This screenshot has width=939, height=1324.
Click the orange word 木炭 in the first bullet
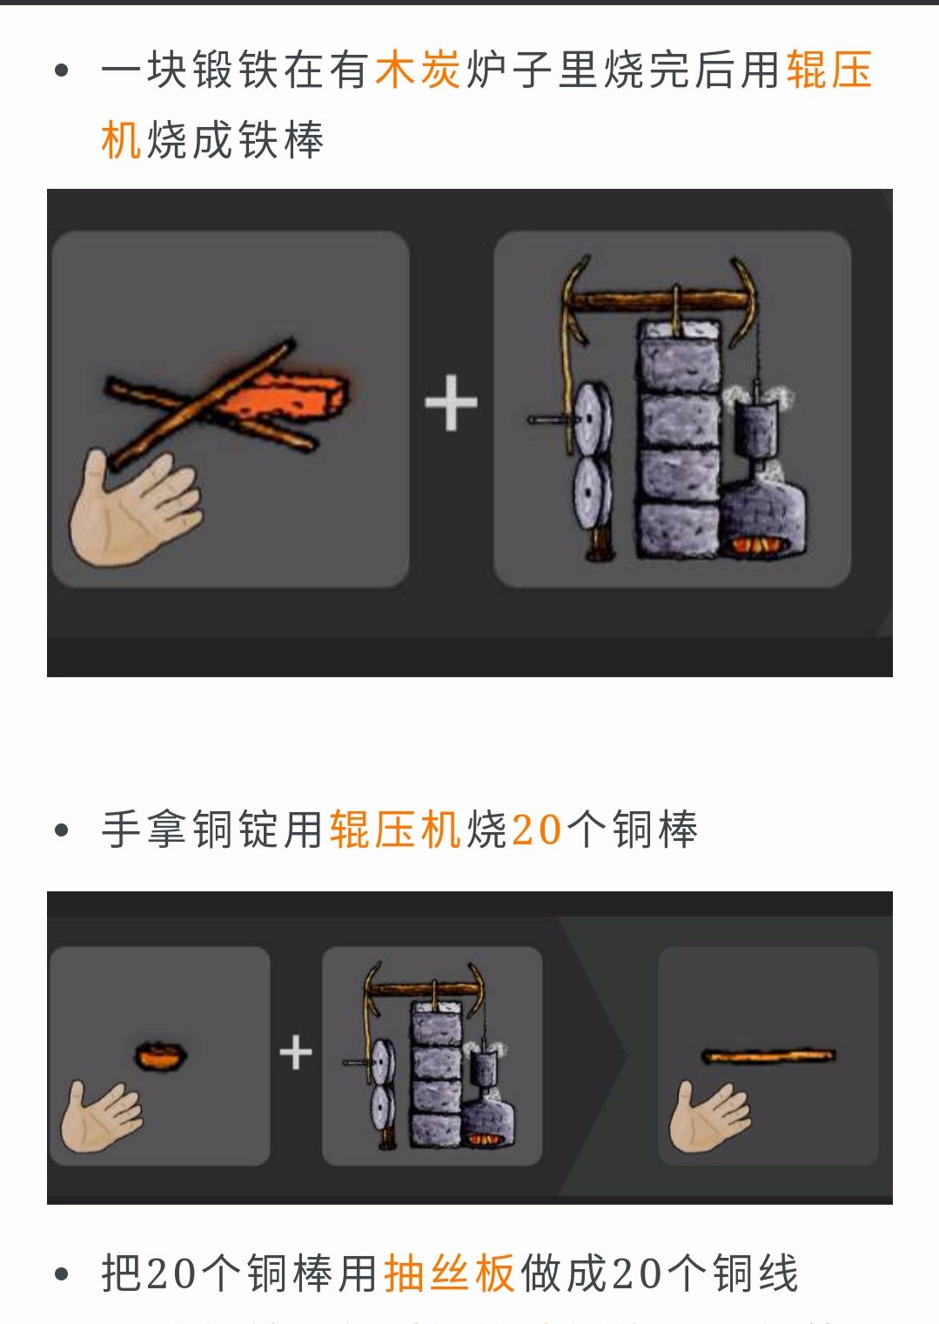point(419,70)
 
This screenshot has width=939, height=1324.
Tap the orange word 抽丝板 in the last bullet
point(449,1274)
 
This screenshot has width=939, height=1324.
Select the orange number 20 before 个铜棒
point(537,829)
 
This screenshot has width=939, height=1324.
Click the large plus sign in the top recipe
point(451,402)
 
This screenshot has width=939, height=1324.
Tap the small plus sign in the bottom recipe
point(296,1052)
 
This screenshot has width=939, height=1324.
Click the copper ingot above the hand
point(161,1055)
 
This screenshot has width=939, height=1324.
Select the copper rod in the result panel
point(768,1056)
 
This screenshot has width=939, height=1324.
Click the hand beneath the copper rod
point(709,1116)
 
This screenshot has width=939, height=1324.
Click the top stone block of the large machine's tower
point(680,358)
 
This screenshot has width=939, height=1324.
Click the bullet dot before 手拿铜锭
point(62,830)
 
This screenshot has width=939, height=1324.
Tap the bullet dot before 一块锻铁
point(62,71)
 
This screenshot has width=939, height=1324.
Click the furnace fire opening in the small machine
point(482,1138)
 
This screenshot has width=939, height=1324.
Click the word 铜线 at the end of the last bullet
point(755,1274)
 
